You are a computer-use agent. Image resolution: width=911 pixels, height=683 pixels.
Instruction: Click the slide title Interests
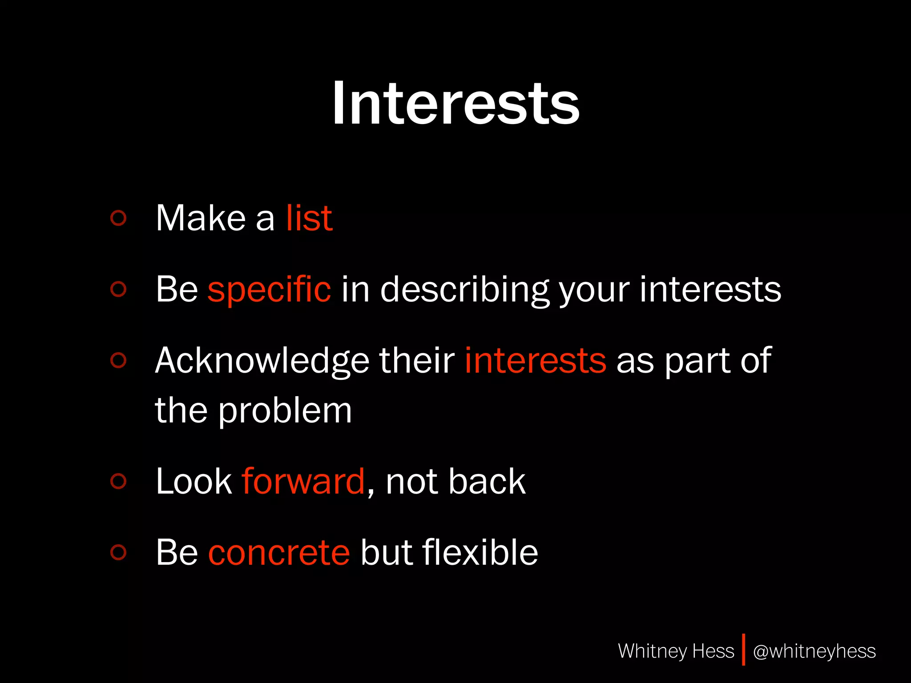click(x=455, y=104)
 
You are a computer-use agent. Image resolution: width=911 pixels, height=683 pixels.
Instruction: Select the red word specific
click(x=269, y=290)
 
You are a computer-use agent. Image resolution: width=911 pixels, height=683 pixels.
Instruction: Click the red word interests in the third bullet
click(x=535, y=360)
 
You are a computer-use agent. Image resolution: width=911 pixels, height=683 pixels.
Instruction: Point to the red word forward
click(x=303, y=481)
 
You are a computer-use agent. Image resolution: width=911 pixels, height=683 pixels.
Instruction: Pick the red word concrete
click(x=279, y=552)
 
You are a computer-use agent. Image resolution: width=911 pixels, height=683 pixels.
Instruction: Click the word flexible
click(x=480, y=552)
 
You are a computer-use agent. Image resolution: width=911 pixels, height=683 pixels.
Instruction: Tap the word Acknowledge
click(x=262, y=361)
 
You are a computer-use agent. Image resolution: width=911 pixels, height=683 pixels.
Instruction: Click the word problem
click(x=285, y=411)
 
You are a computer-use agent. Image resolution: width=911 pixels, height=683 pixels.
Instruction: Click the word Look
click(x=194, y=481)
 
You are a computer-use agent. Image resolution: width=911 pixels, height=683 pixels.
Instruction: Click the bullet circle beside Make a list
click(x=118, y=218)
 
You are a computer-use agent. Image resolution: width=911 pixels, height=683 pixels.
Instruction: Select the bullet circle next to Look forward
click(x=118, y=481)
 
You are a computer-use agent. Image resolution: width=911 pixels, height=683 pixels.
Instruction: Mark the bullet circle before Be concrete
click(x=118, y=552)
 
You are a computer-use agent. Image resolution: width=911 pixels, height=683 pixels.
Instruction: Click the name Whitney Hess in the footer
click(x=676, y=651)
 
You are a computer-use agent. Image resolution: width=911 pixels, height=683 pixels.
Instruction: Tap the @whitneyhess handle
click(x=814, y=651)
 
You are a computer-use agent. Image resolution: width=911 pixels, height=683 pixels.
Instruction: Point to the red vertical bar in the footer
click(x=743, y=650)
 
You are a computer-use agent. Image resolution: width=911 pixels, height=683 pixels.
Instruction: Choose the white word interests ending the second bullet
click(x=710, y=290)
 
